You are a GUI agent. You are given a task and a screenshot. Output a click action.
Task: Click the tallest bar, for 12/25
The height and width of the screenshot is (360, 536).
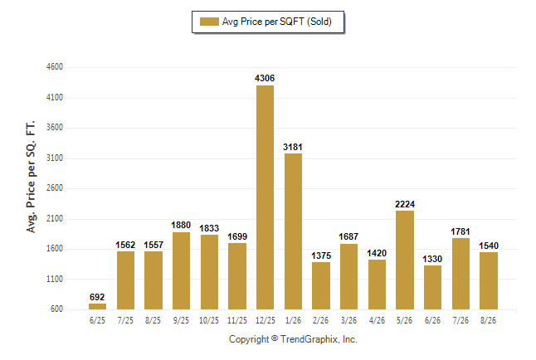click(265, 197)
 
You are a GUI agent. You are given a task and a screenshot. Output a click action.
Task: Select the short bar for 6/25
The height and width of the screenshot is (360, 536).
click(97, 306)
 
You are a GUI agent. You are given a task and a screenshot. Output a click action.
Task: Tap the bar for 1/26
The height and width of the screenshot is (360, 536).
click(293, 231)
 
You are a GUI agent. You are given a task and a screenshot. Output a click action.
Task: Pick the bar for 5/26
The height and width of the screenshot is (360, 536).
click(405, 260)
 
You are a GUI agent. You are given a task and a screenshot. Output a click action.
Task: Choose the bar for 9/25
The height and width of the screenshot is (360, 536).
click(181, 270)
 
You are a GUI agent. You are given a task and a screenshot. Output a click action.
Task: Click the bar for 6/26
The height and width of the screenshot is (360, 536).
click(433, 288)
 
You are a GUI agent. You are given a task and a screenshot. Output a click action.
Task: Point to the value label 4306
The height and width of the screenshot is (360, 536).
click(265, 78)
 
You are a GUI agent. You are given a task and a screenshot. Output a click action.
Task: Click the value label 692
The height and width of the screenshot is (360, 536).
click(97, 297)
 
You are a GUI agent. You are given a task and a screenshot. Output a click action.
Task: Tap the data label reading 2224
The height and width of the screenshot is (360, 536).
click(405, 204)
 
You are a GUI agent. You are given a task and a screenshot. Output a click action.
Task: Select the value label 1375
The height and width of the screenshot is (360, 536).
click(321, 255)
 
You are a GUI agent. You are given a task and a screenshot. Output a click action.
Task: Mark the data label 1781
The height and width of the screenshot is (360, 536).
click(460, 231)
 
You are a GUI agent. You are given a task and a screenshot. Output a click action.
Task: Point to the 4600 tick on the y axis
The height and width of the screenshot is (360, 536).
click(55, 66)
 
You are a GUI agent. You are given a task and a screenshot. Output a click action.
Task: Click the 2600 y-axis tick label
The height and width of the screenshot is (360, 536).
click(55, 188)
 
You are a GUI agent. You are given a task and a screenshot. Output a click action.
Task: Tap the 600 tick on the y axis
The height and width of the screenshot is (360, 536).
click(56, 309)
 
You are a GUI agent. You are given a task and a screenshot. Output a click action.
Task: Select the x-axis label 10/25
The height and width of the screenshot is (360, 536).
click(209, 320)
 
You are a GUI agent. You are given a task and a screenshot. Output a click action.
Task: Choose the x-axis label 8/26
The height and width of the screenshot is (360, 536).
click(488, 320)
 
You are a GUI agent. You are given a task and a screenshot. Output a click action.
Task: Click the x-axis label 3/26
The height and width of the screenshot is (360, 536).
click(348, 320)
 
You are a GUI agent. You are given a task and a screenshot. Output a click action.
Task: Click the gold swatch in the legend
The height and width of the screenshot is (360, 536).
click(209, 22)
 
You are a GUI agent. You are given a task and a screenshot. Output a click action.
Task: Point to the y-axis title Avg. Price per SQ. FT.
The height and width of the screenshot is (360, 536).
click(31, 177)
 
